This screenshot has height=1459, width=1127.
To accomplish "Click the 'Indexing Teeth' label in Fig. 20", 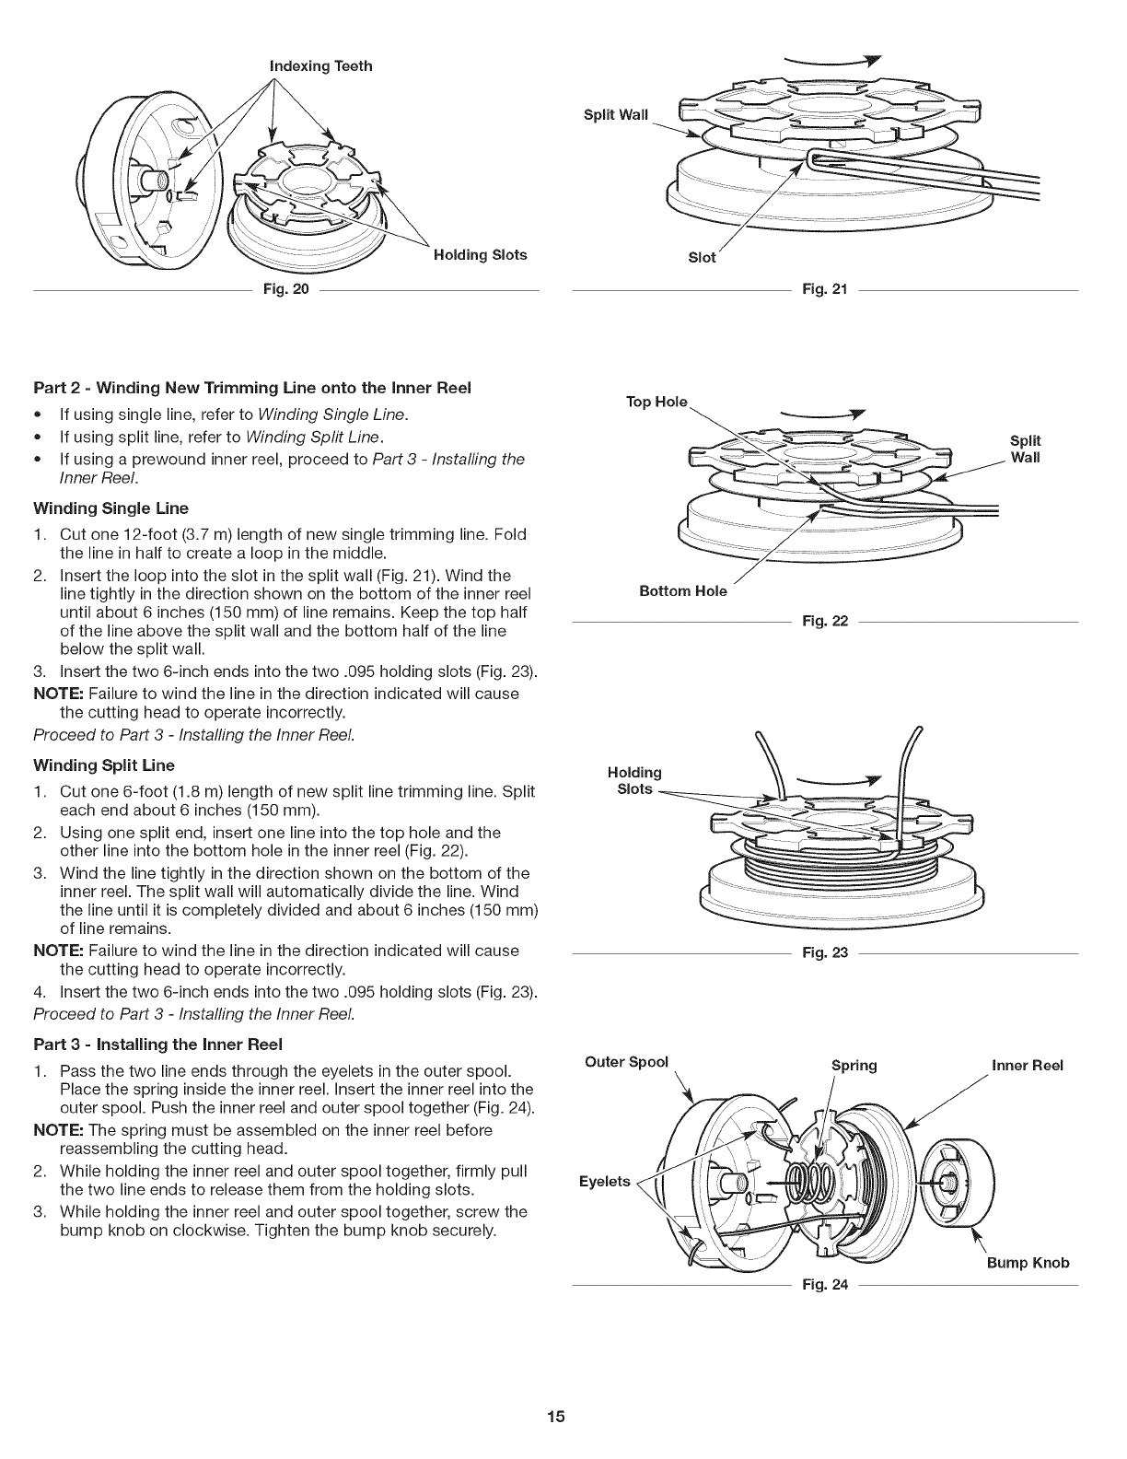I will click(x=320, y=65).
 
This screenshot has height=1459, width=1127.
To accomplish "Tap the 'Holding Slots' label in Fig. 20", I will click(x=481, y=255).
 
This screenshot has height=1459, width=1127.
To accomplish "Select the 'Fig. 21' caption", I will click(x=824, y=291).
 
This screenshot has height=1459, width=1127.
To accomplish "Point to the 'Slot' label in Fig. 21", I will click(x=702, y=258).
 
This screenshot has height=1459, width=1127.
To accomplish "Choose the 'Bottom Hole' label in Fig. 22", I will click(x=683, y=591).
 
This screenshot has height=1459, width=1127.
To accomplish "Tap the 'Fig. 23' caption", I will click(x=824, y=951).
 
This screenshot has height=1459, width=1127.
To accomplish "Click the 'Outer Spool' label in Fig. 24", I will click(x=626, y=1061).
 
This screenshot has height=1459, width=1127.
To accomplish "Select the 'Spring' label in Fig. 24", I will click(x=854, y=1066).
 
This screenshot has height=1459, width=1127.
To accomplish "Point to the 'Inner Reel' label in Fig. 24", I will click(x=1027, y=1066).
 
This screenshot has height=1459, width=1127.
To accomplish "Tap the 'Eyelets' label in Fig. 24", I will click(x=604, y=1181).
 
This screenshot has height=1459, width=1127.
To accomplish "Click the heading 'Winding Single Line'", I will click(x=110, y=508).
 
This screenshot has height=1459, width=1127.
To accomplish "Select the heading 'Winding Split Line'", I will click(x=104, y=765).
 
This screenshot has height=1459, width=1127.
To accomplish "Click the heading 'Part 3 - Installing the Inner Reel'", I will click(x=157, y=1044).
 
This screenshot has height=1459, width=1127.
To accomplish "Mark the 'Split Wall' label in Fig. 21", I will click(x=616, y=115).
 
